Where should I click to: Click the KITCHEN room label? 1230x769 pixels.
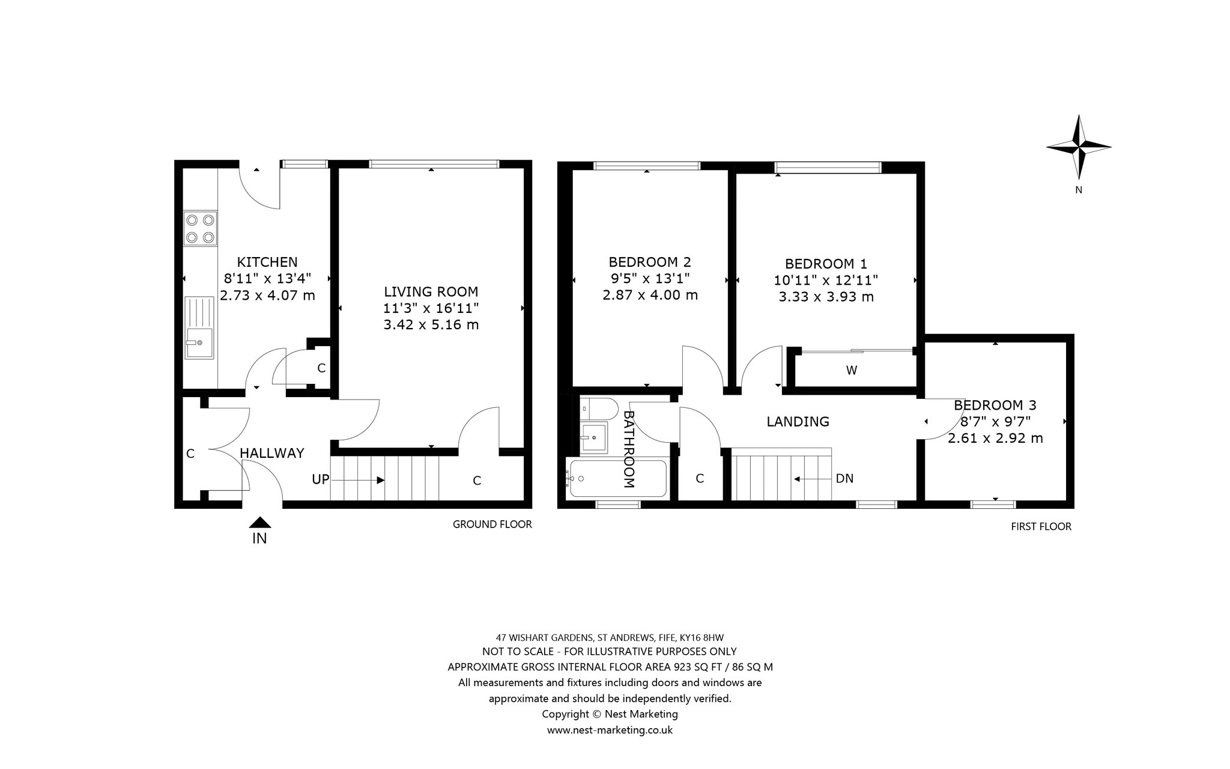pos(267,262)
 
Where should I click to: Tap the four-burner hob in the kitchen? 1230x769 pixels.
pos(200,228)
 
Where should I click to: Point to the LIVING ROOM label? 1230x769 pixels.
pos(431,292)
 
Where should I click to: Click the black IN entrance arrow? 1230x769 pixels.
pos(259,522)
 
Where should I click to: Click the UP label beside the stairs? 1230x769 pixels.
pos(321,479)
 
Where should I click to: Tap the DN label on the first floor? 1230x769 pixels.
pos(844,479)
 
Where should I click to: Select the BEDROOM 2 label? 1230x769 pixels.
pos(650,262)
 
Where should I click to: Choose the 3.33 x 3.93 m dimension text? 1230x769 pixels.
pos(826,297)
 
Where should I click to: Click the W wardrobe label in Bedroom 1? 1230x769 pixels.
pos(852,371)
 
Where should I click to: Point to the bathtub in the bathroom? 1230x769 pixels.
pos(617,478)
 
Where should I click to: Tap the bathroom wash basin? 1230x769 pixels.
pos(595,437)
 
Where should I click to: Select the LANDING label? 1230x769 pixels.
pos(798,422)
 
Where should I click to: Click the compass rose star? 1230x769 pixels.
pos(1079,147)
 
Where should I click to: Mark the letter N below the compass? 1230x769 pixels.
pos(1079,190)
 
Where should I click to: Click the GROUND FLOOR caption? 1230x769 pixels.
pos(492,524)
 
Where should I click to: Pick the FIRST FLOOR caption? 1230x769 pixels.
pos(1041,527)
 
